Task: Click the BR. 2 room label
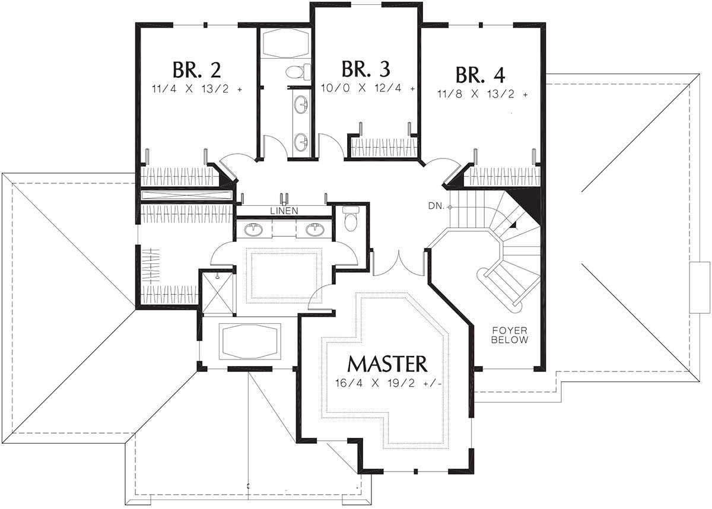tap(197, 69)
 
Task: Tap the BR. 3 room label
tap(366, 69)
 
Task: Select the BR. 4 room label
tap(480, 75)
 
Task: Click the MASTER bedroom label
tap(387, 364)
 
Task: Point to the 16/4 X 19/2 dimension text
tap(389, 383)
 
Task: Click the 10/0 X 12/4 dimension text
tap(368, 88)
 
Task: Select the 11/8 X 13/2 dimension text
tap(482, 94)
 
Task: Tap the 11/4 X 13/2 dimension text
tap(197, 89)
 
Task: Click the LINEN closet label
tap(284, 211)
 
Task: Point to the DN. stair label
tap(436, 206)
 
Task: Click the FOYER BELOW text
tap(510, 335)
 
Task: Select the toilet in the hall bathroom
tap(298, 72)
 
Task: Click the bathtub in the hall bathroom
tap(286, 43)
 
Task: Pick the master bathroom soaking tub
tap(250, 342)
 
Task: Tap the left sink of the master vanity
tap(254, 230)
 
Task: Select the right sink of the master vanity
tap(315, 230)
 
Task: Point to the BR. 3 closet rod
tap(384, 148)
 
